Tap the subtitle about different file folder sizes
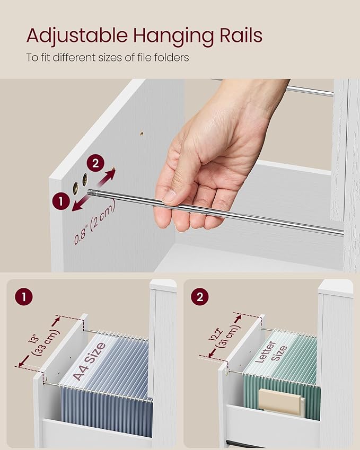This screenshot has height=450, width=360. pos(107,57)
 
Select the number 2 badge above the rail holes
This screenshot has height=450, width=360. pos(95,163)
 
